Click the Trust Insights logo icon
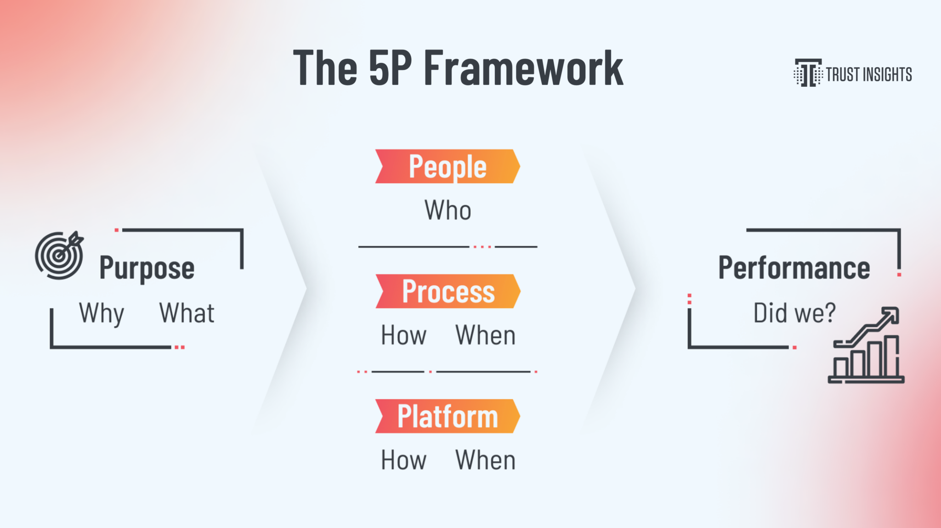pos(807,73)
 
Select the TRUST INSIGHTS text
pos(868,74)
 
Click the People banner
pos(448,166)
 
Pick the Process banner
pos(448,291)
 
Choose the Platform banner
pos(448,416)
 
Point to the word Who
pos(448,210)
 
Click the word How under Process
pos(403,335)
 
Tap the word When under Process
pos(485,335)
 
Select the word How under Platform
pos(403,460)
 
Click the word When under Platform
pos(485,460)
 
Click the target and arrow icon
pos(59,255)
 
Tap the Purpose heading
pos(147,268)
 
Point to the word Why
pos(102,313)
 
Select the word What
pos(187,313)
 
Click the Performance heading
pos(794,268)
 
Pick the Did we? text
pos(794,313)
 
